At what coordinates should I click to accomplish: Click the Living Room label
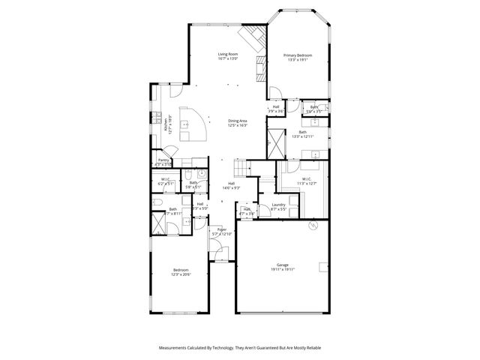[228, 55]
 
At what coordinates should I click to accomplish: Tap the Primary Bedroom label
[297, 56]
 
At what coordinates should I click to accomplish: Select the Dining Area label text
[238, 120]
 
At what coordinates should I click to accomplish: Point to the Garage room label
[283, 265]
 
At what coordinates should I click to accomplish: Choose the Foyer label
[222, 229]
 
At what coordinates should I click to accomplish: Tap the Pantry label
[163, 160]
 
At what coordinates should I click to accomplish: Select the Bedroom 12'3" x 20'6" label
[181, 270]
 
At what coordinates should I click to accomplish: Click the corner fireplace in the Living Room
[253, 36]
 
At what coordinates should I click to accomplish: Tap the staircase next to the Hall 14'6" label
[241, 167]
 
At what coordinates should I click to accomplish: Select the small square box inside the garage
[324, 267]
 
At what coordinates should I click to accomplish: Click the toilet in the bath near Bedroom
[157, 202]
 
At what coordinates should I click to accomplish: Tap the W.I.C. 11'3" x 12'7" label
[307, 180]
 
